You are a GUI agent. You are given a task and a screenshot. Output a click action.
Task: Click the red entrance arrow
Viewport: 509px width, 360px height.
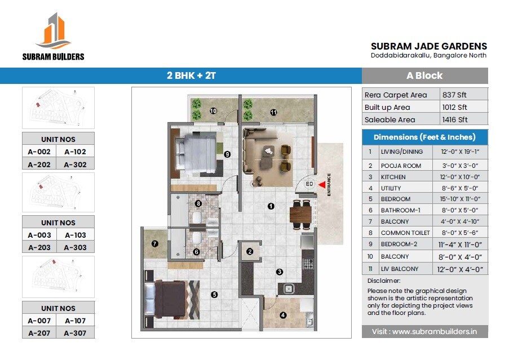[322, 184]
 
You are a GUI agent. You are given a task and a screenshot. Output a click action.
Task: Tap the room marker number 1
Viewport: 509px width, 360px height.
[271, 206]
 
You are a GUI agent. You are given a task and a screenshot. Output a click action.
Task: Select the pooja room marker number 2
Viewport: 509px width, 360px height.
[250, 252]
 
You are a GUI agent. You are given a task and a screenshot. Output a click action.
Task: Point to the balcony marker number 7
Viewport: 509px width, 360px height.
[154, 244]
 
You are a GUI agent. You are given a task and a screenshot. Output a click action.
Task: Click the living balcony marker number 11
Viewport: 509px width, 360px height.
[273, 112]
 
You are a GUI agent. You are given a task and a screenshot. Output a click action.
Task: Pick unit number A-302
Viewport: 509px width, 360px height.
[75, 165]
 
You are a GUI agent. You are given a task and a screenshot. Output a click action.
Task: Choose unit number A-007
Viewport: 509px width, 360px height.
[39, 321]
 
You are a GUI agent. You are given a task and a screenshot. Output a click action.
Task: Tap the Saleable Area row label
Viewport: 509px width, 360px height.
[390, 119]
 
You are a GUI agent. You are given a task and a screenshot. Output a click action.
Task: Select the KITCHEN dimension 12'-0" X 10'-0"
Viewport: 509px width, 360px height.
[457, 177]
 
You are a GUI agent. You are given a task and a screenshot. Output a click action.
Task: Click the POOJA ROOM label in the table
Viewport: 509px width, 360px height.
[401, 166]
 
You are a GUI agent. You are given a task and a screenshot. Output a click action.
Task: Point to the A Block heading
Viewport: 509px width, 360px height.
[424, 75]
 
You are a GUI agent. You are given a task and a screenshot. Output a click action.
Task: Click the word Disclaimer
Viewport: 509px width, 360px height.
[384, 281]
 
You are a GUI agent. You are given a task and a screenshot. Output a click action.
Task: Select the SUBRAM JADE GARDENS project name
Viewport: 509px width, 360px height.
[429, 46]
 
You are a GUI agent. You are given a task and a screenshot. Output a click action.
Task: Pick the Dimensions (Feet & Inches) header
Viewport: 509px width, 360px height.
[424, 137]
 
